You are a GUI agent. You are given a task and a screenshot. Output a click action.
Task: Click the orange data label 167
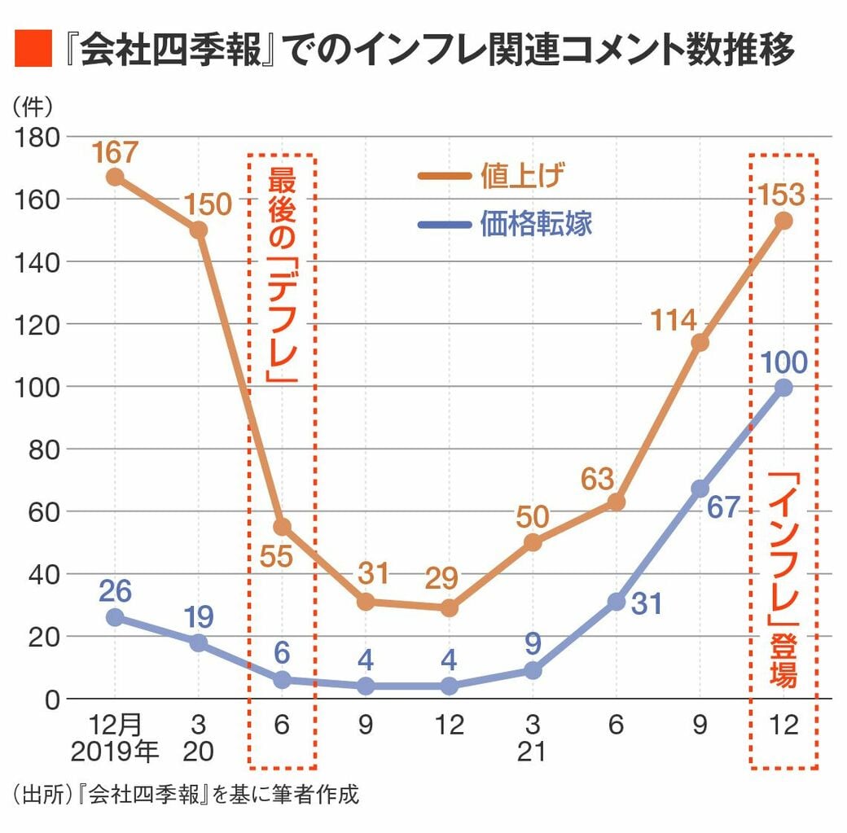click(x=115, y=151)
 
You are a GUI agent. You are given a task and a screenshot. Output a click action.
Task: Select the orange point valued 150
click(x=198, y=230)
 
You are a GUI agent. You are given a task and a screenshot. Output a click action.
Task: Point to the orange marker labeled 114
click(x=700, y=342)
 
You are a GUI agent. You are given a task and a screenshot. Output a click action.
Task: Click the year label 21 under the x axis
click(x=532, y=752)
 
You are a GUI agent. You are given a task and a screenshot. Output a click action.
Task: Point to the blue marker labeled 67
click(x=700, y=489)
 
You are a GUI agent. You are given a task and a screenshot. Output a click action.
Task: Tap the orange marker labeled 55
click(x=282, y=527)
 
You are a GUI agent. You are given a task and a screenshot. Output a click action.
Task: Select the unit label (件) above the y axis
click(x=33, y=105)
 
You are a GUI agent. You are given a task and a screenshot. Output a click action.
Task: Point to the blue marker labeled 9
click(x=533, y=670)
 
